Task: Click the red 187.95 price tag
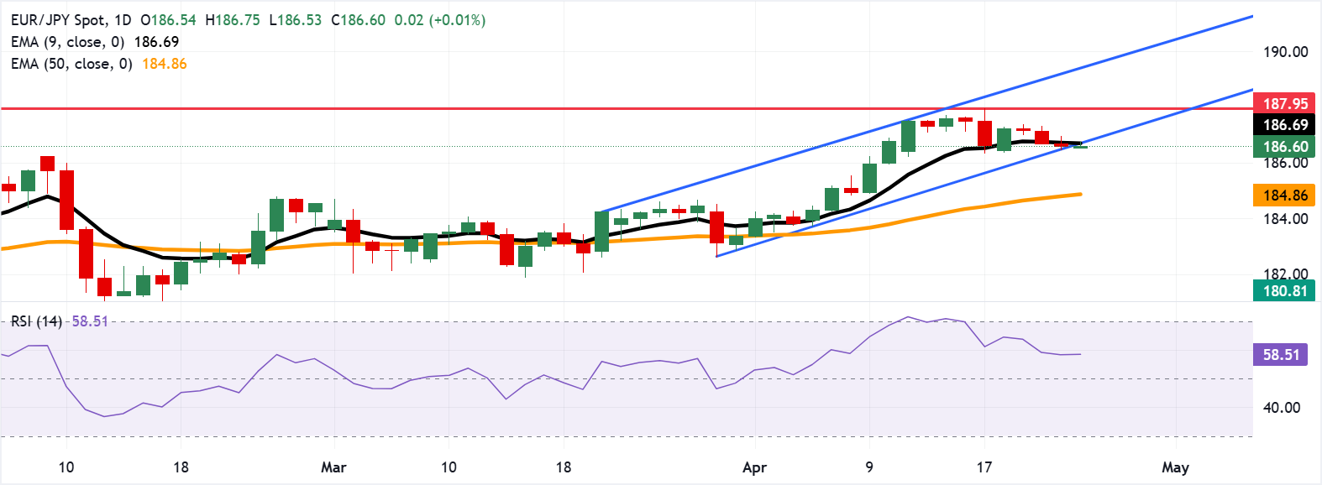point(1285,103)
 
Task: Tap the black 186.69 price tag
point(1285,125)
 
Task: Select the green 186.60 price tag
point(1285,147)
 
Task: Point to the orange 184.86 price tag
point(1285,196)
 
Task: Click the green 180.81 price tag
point(1285,291)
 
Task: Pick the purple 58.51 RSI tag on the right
point(1281,355)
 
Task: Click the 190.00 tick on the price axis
point(1285,52)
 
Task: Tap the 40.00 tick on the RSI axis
point(1282,408)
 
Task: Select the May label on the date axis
point(1175,467)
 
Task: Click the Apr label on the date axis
point(754,467)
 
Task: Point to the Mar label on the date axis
point(333,467)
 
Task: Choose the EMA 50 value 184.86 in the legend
point(165,64)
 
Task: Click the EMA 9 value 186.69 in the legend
point(156,42)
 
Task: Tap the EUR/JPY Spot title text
point(59,20)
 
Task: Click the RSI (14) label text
point(36,321)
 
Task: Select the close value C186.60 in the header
point(358,20)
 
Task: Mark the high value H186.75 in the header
point(233,20)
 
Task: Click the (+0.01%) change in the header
point(457,20)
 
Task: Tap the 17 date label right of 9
point(984,467)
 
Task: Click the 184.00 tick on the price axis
point(1285,219)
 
